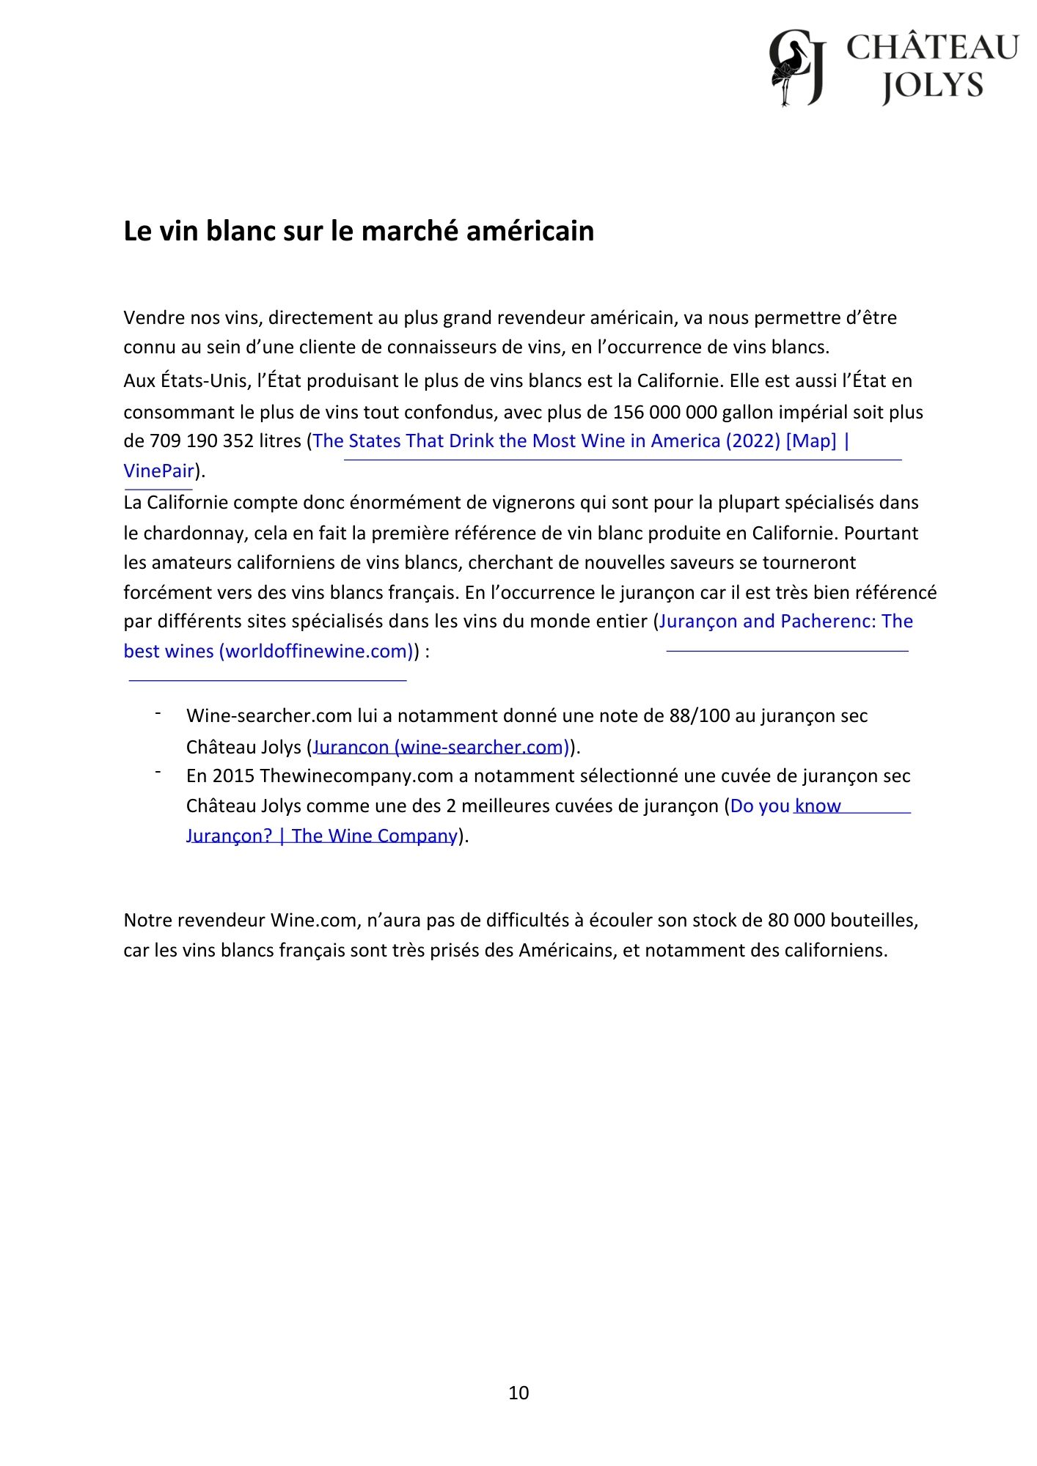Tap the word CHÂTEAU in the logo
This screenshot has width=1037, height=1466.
[x=932, y=48]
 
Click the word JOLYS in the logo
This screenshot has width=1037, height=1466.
[x=932, y=86]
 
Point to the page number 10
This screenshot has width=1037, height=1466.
[x=518, y=1393]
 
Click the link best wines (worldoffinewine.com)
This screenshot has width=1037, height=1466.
[x=268, y=651]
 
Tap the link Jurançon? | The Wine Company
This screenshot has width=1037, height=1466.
[x=322, y=836]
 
